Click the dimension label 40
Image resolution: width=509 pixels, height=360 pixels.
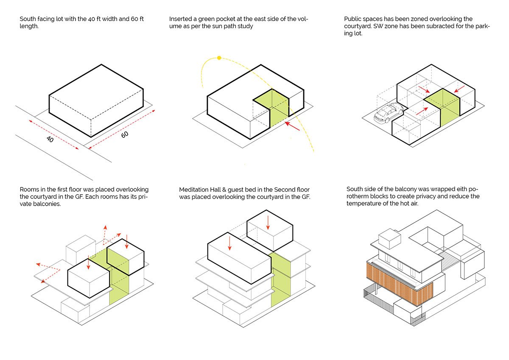point(50,139)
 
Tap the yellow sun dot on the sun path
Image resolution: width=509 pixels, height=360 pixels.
point(219,58)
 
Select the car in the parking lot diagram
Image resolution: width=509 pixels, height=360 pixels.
point(388,113)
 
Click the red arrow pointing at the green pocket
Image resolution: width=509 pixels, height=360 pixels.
point(293,126)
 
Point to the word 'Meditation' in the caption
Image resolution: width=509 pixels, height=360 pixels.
point(196,189)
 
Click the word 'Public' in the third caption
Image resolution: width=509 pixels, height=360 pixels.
point(353,19)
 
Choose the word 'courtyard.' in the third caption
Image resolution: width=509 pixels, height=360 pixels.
point(359,26)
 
